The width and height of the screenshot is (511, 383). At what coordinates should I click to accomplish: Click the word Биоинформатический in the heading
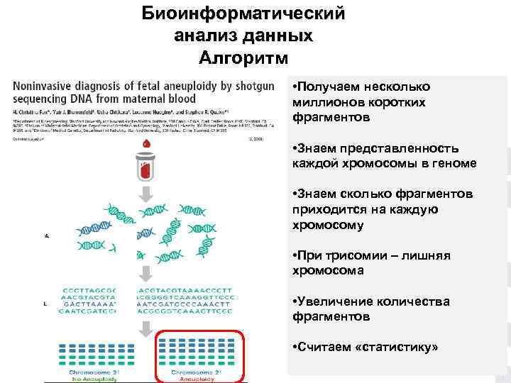(x=243, y=13)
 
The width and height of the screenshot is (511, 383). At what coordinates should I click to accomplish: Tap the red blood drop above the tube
(x=146, y=145)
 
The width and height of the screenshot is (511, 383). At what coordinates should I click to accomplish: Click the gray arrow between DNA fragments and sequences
(x=146, y=274)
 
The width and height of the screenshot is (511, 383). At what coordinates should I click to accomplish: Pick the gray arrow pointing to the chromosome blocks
(x=146, y=328)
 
